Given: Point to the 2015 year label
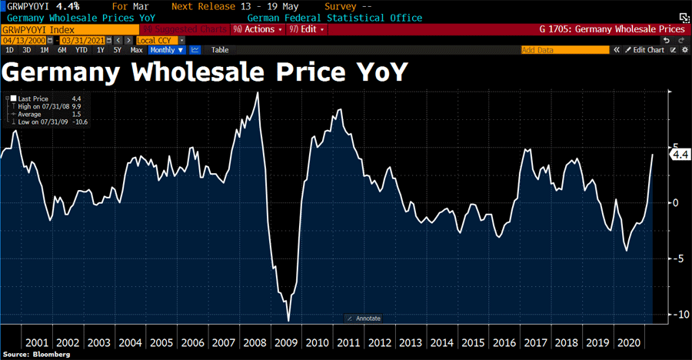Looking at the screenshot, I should click(x=473, y=342).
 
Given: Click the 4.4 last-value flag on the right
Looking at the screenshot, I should click(x=680, y=155).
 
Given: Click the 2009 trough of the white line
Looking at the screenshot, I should click(x=288, y=320).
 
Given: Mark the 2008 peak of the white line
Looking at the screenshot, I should click(x=258, y=93).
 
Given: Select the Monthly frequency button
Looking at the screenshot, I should click(x=166, y=50).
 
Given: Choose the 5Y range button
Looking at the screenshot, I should click(x=117, y=50).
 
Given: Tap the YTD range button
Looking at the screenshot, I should click(x=80, y=50).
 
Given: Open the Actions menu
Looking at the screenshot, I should click(x=257, y=29).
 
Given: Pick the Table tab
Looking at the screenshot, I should click(x=220, y=50).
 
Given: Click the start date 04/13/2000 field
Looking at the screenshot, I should click(x=20, y=40).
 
